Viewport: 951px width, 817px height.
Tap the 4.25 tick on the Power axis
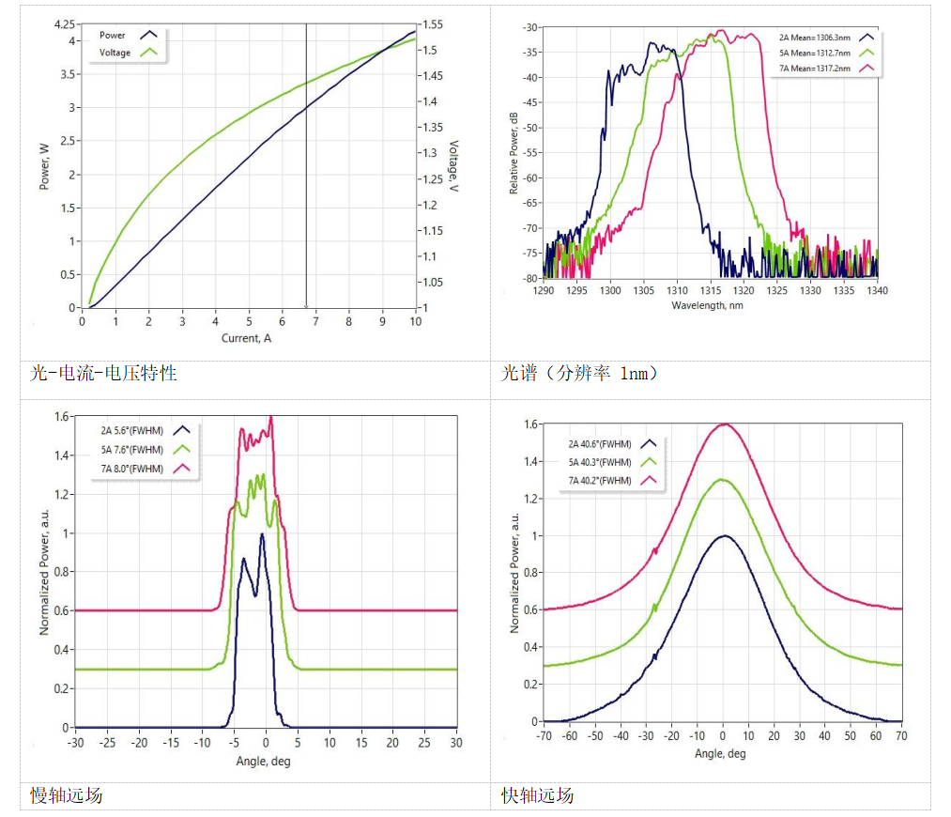click(x=65, y=23)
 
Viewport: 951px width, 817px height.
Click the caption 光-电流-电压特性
click(x=104, y=374)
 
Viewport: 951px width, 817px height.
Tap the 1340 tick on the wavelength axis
click(x=877, y=291)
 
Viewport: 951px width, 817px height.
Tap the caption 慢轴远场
click(x=67, y=796)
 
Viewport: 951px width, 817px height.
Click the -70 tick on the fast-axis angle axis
click(x=545, y=737)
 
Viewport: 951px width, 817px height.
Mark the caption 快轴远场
click(x=538, y=796)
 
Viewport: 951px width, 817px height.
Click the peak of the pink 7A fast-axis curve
click(x=724, y=424)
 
